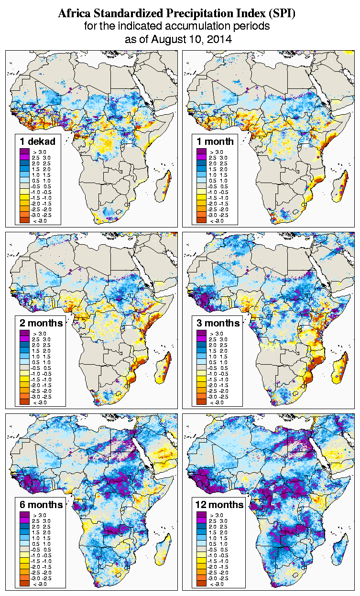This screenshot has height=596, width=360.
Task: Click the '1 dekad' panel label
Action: point(38,141)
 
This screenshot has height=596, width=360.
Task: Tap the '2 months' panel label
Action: point(41,323)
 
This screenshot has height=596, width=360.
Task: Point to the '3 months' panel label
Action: point(218,323)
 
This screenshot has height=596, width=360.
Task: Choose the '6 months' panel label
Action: point(41,505)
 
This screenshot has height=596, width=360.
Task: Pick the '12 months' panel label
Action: point(219,505)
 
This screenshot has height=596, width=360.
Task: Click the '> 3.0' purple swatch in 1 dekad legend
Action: point(24,152)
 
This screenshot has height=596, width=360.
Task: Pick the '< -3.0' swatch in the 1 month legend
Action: point(201,220)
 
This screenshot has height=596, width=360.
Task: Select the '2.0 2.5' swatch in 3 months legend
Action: point(201,345)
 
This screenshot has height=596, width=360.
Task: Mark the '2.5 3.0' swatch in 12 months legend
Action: point(201,520)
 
